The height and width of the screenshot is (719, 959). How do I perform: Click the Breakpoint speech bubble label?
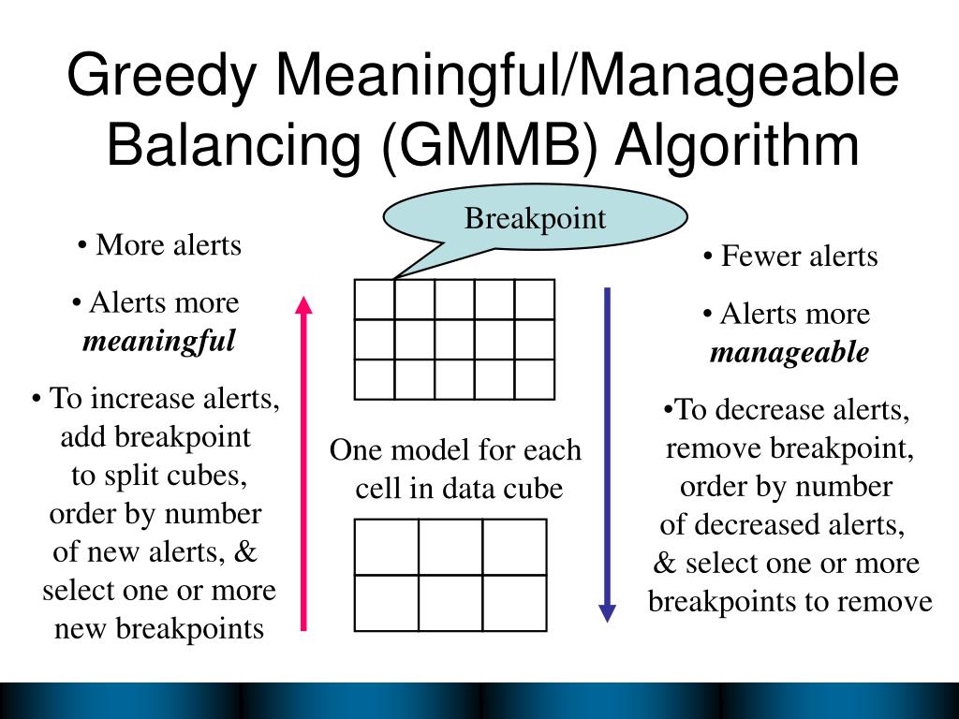[x=536, y=219]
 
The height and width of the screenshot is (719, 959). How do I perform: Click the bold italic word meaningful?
[x=158, y=341]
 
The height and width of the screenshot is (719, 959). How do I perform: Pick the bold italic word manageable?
[x=789, y=352]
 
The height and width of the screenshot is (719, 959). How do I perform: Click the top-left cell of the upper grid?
[x=375, y=300]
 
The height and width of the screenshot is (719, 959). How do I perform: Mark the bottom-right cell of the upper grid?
[x=534, y=379]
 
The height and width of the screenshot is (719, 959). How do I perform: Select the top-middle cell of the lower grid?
[x=450, y=547]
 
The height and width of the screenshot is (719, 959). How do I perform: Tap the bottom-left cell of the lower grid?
[x=386, y=602]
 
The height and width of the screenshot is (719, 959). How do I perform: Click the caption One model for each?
[x=456, y=450]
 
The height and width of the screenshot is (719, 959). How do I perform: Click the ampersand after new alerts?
[x=246, y=552]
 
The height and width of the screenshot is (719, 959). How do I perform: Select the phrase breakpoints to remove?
[x=789, y=601]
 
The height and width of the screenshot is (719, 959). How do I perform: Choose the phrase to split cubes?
[x=159, y=476]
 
